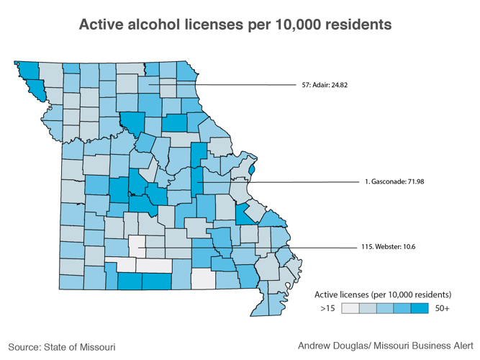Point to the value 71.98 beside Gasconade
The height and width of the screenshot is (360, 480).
click(x=411, y=181)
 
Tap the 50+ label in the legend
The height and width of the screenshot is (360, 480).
click(x=441, y=308)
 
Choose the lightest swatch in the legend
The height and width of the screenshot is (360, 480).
click(x=350, y=308)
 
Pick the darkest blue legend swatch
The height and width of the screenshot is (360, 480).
click(x=420, y=308)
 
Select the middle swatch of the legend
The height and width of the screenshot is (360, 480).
click(x=385, y=308)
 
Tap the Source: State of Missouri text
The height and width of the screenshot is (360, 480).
click(x=62, y=346)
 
